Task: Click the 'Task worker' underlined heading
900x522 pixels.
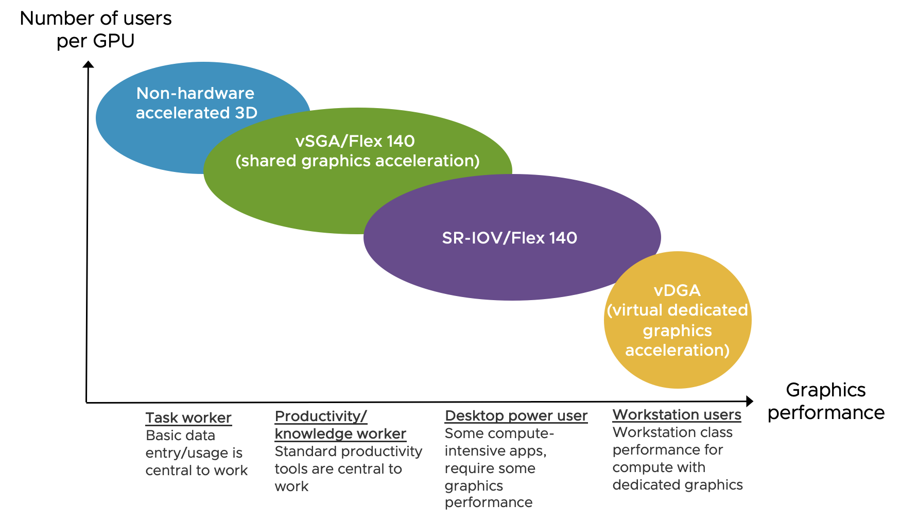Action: click(x=188, y=417)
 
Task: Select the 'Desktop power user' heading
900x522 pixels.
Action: click(x=516, y=415)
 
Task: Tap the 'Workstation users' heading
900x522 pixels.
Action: click(x=677, y=414)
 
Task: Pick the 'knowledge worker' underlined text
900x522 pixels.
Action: click(x=340, y=434)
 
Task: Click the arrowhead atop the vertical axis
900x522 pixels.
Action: click(x=89, y=64)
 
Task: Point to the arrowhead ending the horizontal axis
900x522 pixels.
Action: click(x=750, y=401)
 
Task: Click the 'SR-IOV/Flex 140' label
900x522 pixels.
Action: click(x=509, y=238)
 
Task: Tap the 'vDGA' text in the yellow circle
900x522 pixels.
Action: click(x=677, y=290)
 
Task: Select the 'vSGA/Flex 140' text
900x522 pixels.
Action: click(x=355, y=141)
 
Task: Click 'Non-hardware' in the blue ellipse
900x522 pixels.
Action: click(x=195, y=93)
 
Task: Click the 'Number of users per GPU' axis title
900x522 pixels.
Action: click(x=96, y=29)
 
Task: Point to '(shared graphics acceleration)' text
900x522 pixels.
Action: click(x=357, y=161)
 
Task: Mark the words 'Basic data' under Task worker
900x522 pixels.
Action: click(x=180, y=436)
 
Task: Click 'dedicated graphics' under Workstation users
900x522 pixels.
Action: click(x=677, y=485)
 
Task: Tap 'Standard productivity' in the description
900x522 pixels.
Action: click(x=348, y=451)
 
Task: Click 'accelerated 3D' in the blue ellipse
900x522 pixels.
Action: click(x=196, y=113)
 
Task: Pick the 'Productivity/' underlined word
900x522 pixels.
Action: click(x=321, y=416)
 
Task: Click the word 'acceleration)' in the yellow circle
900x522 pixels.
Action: click(x=677, y=351)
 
